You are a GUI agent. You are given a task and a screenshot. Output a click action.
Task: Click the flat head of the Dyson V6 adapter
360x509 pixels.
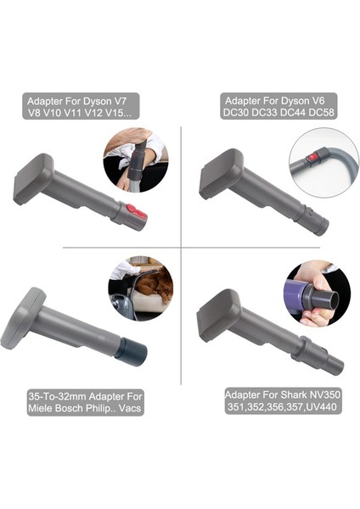223,173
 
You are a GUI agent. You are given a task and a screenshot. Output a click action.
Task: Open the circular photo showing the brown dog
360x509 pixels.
140,288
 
